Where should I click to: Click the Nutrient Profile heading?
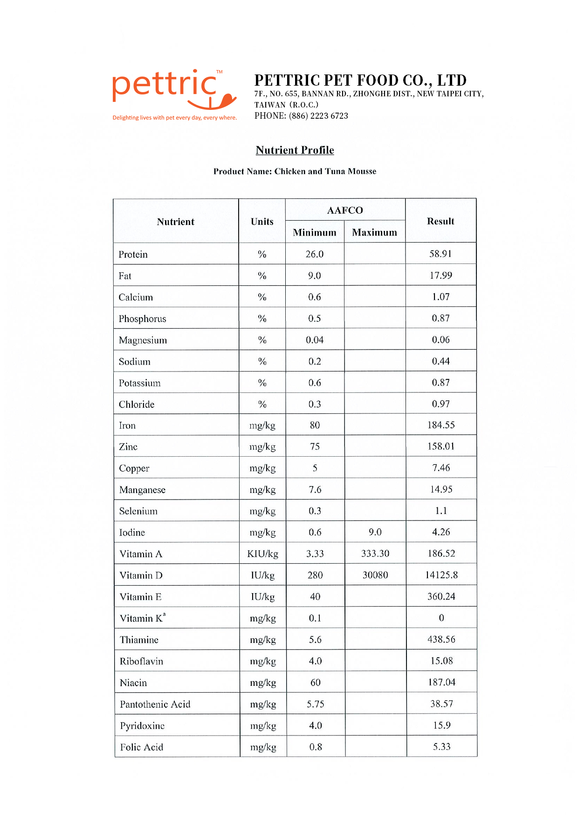coord(295,150)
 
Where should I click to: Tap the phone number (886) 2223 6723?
coord(318,116)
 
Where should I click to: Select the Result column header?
coord(440,221)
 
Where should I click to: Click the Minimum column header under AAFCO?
coord(314,232)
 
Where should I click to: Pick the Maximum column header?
coord(374,232)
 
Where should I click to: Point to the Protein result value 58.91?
coord(440,254)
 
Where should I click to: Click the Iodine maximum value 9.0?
coord(375,532)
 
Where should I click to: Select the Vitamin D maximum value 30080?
coord(375,575)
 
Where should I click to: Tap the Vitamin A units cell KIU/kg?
coord(262,554)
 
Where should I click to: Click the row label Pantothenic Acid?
coord(155,704)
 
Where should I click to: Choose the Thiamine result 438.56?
coord(441,639)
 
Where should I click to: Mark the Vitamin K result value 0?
coord(441,618)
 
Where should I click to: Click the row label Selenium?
coord(138,511)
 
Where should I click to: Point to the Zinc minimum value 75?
coord(315,446)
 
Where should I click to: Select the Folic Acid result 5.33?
coord(441,747)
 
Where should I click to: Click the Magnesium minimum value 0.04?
coord(315,340)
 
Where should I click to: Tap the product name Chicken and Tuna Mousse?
coord(325,171)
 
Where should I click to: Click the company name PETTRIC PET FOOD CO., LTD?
coord(360,80)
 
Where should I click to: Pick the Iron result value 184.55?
coord(441,425)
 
